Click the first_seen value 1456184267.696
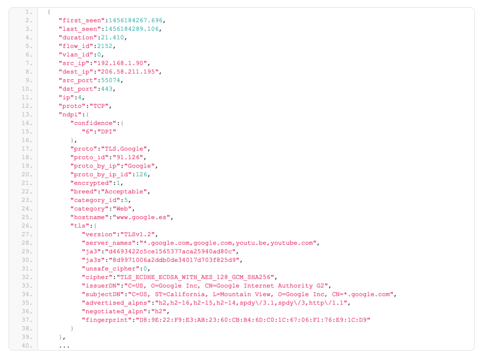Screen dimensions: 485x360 [135, 20]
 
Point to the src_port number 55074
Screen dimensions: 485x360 [111, 81]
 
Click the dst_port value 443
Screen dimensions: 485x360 [107, 89]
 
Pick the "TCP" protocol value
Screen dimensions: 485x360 [99, 106]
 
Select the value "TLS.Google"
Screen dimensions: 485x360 [124, 149]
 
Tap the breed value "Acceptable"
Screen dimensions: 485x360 [124, 192]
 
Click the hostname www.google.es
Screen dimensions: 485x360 [141, 217]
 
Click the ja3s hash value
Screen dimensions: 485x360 [174, 260]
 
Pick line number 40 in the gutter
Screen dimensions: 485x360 [27, 346]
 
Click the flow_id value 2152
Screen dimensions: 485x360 [105, 46]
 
